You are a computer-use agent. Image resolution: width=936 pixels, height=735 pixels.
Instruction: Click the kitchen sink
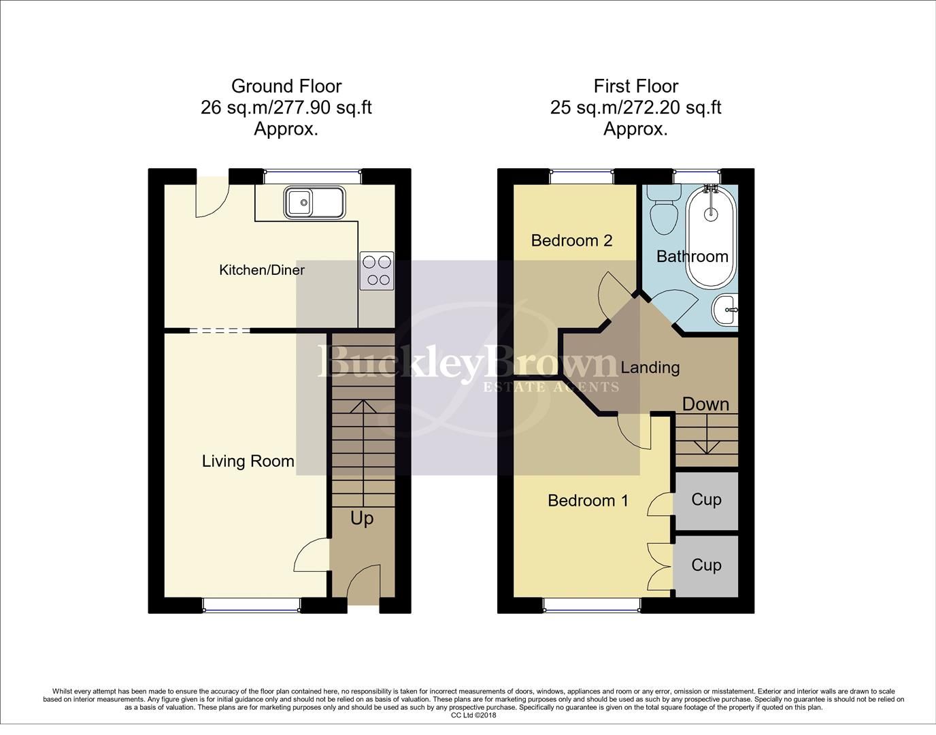pyautogui.click(x=315, y=202)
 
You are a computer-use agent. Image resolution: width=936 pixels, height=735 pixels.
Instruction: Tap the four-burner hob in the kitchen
pyautogui.click(x=376, y=270)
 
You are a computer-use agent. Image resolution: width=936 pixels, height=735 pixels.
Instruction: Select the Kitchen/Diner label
pyautogui.click(x=261, y=270)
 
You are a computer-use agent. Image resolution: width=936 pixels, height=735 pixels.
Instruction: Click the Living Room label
pyautogui.click(x=248, y=461)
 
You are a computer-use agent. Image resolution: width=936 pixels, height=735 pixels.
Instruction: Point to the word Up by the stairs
pyautogui.click(x=362, y=519)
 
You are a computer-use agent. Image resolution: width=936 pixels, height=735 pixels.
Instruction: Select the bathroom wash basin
pyautogui.click(x=725, y=311)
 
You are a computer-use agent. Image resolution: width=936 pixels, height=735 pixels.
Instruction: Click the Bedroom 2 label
pyautogui.click(x=571, y=240)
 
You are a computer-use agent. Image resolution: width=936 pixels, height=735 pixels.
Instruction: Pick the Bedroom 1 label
pyautogui.click(x=588, y=501)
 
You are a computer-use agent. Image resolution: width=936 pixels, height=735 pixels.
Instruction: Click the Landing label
pyautogui.click(x=650, y=367)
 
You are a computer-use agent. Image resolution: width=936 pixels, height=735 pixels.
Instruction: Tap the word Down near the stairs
pyautogui.click(x=705, y=404)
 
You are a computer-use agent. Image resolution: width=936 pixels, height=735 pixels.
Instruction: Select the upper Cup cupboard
pyautogui.click(x=706, y=500)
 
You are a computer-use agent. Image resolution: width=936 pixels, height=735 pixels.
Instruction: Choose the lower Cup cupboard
pyautogui.click(x=706, y=566)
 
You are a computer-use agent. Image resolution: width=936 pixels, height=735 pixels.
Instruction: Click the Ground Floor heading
pyautogui.click(x=286, y=86)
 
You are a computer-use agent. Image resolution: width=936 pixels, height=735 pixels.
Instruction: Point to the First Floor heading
pyautogui.click(x=635, y=86)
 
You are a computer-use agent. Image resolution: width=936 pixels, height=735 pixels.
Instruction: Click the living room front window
pyautogui.click(x=251, y=604)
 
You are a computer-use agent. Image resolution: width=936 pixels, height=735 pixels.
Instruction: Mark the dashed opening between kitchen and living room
pyautogui.click(x=219, y=331)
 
